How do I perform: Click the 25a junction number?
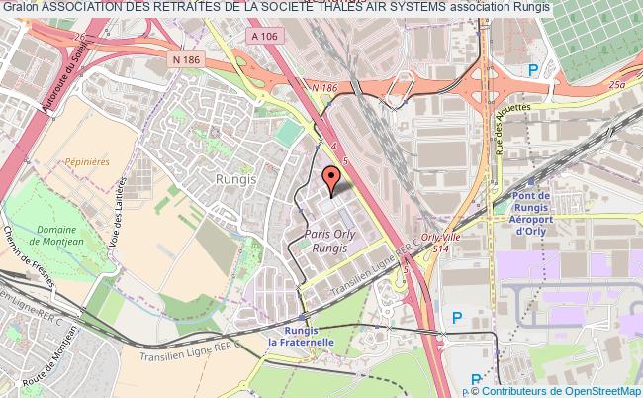[620, 87]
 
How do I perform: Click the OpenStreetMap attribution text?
[596, 391]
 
